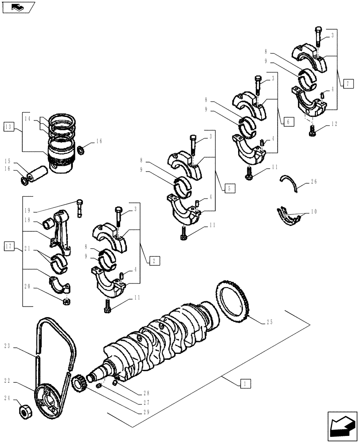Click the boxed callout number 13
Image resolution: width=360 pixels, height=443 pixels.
click(x=9, y=127)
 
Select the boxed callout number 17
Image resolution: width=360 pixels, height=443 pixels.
click(x=9, y=246)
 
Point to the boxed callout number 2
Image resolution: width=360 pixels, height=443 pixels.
click(x=152, y=261)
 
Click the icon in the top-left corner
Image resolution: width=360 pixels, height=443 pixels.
click(x=18, y=7)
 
